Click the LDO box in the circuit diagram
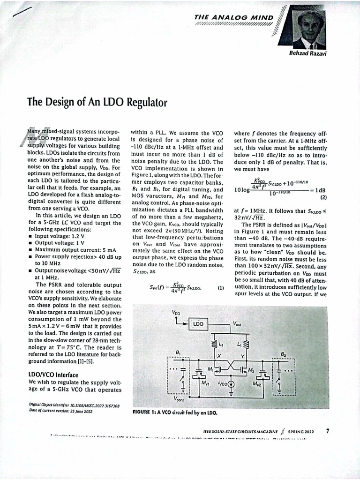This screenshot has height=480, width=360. [198, 323]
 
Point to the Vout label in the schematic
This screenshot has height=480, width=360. [238, 323]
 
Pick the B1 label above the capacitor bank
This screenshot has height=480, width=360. [178, 352]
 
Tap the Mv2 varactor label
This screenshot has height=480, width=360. [256, 384]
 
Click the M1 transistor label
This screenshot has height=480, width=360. [210, 369]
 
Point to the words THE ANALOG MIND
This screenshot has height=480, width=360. [233, 17]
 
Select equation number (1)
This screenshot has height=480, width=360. [221, 288]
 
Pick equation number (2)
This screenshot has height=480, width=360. [323, 197]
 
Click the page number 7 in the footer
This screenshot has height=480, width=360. [328, 431]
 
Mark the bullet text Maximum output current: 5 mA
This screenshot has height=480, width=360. [69, 250]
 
